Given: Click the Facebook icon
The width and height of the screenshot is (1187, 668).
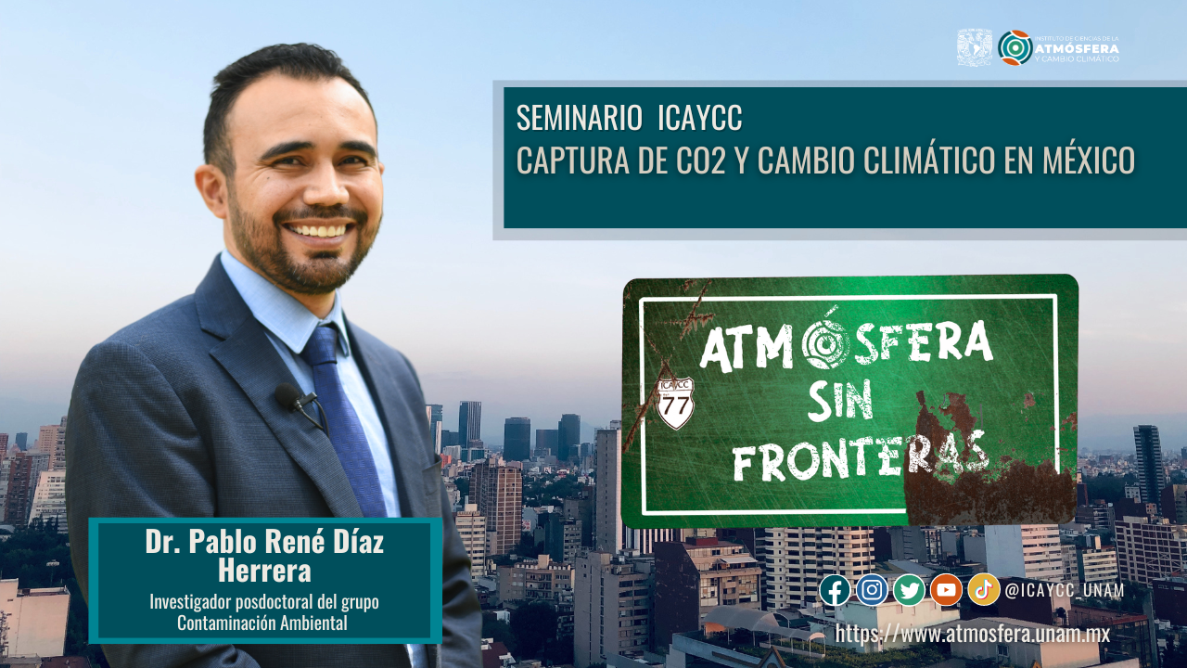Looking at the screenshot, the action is coord(835,590).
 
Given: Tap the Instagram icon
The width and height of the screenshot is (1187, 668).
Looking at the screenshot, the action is coord(872,590).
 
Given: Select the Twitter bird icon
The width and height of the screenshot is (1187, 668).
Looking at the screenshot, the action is coord(909,590).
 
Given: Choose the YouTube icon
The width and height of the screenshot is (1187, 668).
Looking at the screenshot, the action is coord(947,590).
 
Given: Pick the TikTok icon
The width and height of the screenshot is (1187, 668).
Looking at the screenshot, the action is coord(984,590).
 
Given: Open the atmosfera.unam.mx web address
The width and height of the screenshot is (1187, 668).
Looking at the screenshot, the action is coord(973,634).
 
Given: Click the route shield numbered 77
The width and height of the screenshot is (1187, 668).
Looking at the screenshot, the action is coord(676,403).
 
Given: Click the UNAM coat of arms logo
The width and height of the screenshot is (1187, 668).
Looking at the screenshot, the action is coord(975,47).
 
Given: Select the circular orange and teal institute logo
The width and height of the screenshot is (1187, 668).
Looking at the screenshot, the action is coord(1015,47).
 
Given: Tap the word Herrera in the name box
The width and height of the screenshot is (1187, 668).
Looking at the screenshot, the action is coord(264,571).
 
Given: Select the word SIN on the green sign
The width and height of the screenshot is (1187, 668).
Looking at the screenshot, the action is coord(840,402).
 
